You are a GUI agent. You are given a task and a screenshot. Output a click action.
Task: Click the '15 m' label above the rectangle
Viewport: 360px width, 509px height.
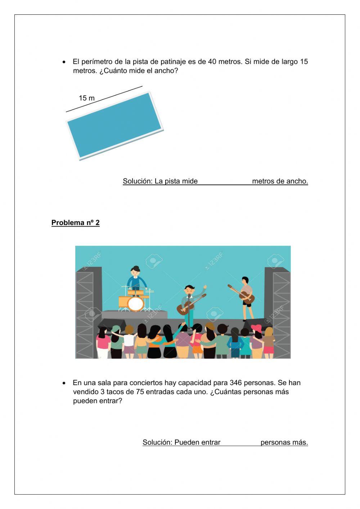point(87,98)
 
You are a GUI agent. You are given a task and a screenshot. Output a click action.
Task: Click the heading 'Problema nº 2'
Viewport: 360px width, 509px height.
point(75,223)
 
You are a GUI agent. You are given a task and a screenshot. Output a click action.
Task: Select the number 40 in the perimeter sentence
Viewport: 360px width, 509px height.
point(212,62)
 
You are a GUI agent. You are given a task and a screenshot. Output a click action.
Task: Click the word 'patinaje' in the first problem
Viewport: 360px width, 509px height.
point(174,62)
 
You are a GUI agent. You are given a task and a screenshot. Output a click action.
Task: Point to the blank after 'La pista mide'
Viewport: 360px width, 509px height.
point(225,181)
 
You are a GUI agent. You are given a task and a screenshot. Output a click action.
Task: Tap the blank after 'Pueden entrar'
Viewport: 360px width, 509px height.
point(240,442)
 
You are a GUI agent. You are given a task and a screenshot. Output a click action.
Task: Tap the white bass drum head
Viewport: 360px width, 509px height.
point(135,304)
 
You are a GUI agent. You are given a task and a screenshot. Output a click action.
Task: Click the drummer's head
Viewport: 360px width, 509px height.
point(135,271)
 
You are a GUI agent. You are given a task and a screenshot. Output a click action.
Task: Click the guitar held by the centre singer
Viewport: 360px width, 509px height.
point(190,305)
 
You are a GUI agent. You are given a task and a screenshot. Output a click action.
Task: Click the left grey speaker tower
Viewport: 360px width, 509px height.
point(86,310)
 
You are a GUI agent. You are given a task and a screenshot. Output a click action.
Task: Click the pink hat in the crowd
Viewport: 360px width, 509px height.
point(256,327)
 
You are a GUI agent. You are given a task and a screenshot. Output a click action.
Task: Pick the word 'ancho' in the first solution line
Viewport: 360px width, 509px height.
point(298,181)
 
